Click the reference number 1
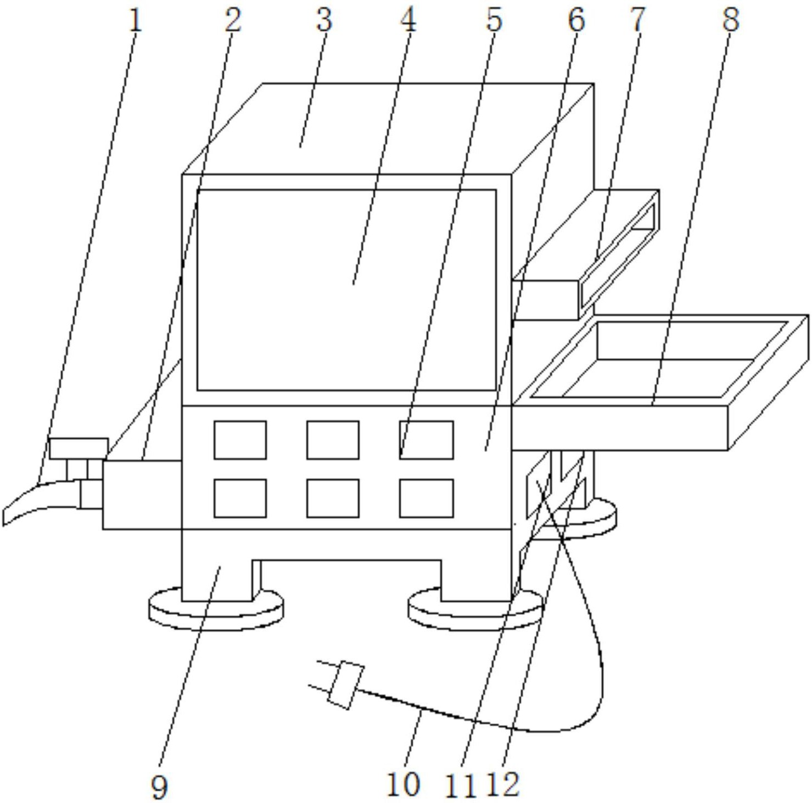[x=135, y=21]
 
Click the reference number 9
[x=159, y=788]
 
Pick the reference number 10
[x=404, y=784]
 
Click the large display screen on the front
[x=346, y=290]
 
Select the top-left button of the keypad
[x=240, y=440]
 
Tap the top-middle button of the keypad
[x=333, y=440]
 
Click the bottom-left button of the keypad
[x=240, y=498]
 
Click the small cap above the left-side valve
[x=79, y=448]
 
